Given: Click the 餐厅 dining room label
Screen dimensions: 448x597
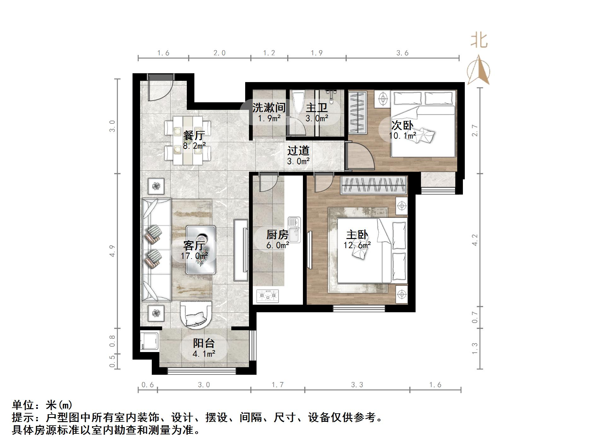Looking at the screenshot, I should [194, 135].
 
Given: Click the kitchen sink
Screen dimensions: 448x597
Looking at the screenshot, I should [294, 230].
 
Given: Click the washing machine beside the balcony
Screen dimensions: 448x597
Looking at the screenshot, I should [149, 341].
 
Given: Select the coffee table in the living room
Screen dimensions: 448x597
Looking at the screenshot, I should [201, 249].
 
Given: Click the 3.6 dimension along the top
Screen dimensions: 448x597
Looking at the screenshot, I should [402, 53].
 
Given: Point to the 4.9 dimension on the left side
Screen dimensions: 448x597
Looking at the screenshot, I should [113, 251].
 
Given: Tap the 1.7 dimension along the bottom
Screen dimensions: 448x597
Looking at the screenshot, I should [278, 385].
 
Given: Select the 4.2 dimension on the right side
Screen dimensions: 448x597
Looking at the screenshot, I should [475, 240].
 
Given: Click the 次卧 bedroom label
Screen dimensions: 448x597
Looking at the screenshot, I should [402, 125].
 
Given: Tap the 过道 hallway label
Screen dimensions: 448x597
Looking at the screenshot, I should [298, 151].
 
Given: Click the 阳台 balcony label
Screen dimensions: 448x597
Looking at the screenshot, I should [204, 343].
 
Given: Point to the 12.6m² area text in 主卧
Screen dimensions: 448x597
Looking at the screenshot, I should [357, 245].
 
